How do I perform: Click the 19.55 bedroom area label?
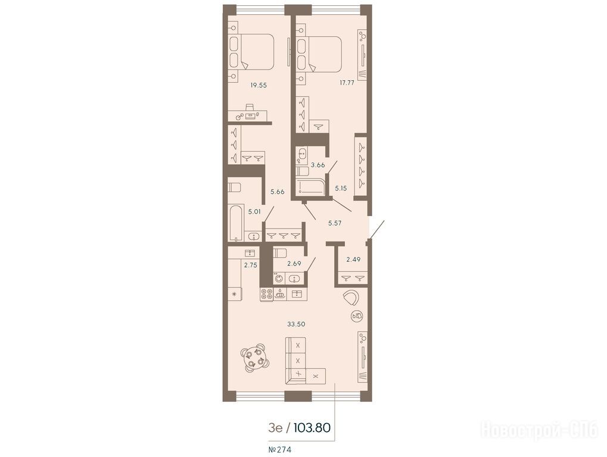click(x=258, y=86)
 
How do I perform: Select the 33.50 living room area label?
click(x=296, y=324)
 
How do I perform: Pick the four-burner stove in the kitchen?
click(x=266, y=294)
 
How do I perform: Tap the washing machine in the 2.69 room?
click(x=279, y=278)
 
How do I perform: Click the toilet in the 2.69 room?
click(x=279, y=253)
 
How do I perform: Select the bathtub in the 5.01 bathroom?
click(x=236, y=224)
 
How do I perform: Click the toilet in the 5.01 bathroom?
click(x=235, y=187)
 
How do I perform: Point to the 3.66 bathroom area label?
click(x=318, y=165)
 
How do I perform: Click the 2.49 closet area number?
click(x=353, y=259)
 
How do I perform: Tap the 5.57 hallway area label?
click(x=335, y=223)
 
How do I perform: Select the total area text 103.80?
click(x=312, y=428)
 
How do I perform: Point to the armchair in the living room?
click(x=351, y=298)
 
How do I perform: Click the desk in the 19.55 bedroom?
click(x=247, y=115)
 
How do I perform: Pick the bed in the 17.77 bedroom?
click(x=319, y=54)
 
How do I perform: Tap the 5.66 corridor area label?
click(x=278, y=191)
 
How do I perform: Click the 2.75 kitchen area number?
click(x=250, y=265)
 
